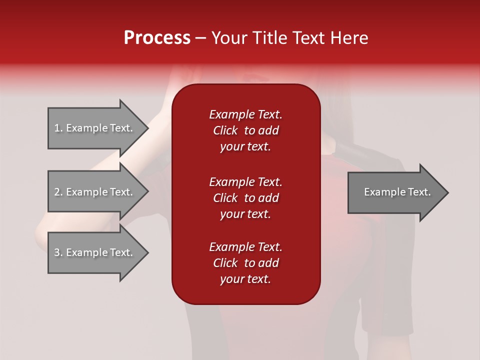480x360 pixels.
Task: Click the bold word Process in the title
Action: [x=157, y=38]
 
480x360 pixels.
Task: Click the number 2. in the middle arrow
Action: [x=58, y=192]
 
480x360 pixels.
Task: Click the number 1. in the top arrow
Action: [x=58, y=128]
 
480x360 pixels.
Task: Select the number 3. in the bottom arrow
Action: [x=58, y=252]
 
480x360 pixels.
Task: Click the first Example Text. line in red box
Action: [x=245, y=114]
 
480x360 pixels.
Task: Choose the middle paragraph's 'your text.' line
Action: [x=245, y=214]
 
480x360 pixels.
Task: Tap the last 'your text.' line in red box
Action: [x=245, y=279]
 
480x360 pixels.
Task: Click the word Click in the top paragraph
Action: [x=225, y=130]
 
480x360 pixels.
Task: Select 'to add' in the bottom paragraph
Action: [x=261, y=263]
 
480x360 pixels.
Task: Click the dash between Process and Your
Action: [x=201, y=38]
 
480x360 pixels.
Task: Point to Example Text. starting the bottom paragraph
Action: [x=245, y=247]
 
